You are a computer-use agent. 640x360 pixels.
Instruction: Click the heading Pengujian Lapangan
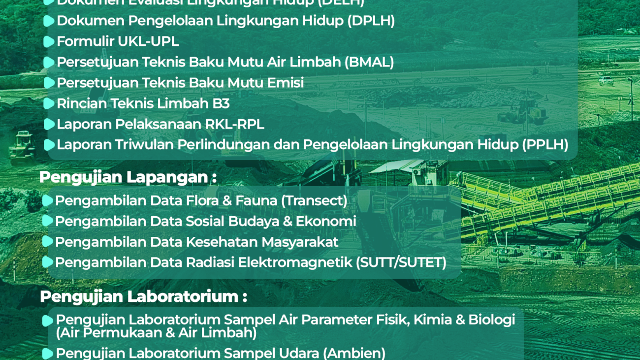128,177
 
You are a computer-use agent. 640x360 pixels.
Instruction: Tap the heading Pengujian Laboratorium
143,296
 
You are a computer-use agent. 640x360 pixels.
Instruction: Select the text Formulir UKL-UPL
118,41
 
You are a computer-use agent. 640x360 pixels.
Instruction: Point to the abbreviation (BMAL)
369,62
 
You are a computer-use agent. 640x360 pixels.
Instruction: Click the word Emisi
285,83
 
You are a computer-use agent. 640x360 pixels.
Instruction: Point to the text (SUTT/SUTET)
401,262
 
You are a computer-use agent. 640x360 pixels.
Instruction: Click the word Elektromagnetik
294,262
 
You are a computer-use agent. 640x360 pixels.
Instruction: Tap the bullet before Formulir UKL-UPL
49,42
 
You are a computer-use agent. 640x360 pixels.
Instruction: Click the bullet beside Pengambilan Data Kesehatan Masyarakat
47,242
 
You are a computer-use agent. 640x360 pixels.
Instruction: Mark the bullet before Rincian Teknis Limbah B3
49,104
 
